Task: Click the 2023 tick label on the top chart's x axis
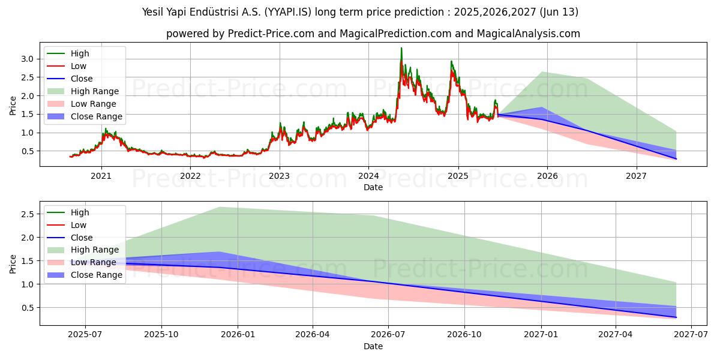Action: pyautogui.click(x=279, y=176)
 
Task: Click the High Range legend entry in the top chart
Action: pyautogui.click(x=95, y=91)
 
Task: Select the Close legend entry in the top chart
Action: pyautogui.click(x=82, y=79)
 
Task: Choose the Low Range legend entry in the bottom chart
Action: pyautogui.click(x=94, y=262)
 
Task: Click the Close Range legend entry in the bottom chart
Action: pyautogui.click(x=96, y=275)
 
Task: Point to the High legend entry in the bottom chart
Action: pyautogui.click(x=80, y=212)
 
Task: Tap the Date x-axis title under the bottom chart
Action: pyautogui.click(x=373, y=346)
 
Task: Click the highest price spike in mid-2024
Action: pyautogui.click(x=401, y=48)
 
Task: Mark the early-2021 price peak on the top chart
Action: pyautogui.click(x=106, y=128)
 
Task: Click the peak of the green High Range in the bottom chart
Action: pyautogui.click(x=220, y=207)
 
